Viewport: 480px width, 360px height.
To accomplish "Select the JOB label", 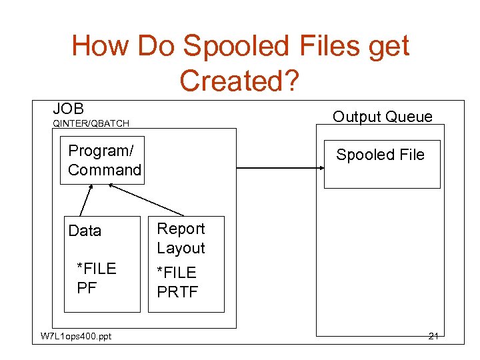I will click(x=69, y=108).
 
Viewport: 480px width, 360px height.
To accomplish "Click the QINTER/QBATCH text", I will click(x=91, y=123).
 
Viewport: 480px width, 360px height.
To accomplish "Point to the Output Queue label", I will click(x=382, y=117).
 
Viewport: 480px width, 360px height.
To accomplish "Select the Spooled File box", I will click(x=382, y=164).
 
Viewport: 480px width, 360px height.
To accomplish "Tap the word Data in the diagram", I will click(x=85, y=231).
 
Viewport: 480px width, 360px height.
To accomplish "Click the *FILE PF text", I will click(x=96, y=278).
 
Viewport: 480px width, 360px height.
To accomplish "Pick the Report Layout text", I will click(x=181, y=238).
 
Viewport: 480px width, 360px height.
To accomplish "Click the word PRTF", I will click(x=177, y=291).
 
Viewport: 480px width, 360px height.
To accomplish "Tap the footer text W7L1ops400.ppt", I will click(x=76, y=336).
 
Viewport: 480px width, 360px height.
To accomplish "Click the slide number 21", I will click(x=433, y=336).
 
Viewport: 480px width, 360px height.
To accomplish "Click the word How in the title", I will click(x=99, y=47).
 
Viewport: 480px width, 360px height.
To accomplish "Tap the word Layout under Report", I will click(x=181, y=248).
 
